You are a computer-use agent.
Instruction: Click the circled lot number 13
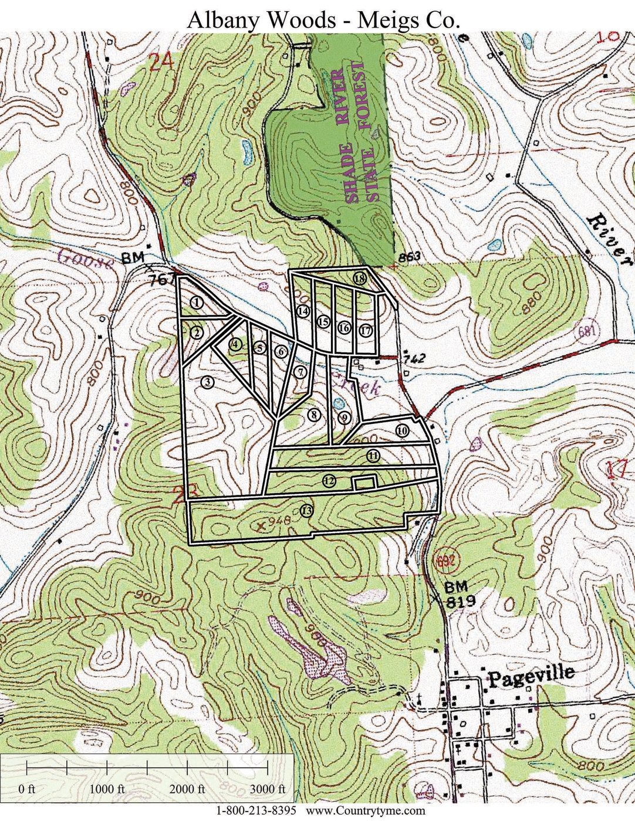[x=306, y=510]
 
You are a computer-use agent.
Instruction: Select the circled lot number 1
[x=197, y=302]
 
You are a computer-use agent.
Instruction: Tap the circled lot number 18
[x=360, y=279]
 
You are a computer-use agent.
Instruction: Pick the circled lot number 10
[x=402, y=430]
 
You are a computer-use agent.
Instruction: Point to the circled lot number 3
[x=207, y=382]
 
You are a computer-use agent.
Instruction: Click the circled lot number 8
[x=314, y=415]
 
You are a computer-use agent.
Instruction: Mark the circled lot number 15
[x=323, y=321]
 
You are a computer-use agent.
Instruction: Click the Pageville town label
[x=531, y=675]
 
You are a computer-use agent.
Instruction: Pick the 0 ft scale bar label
[x=27, y=788]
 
